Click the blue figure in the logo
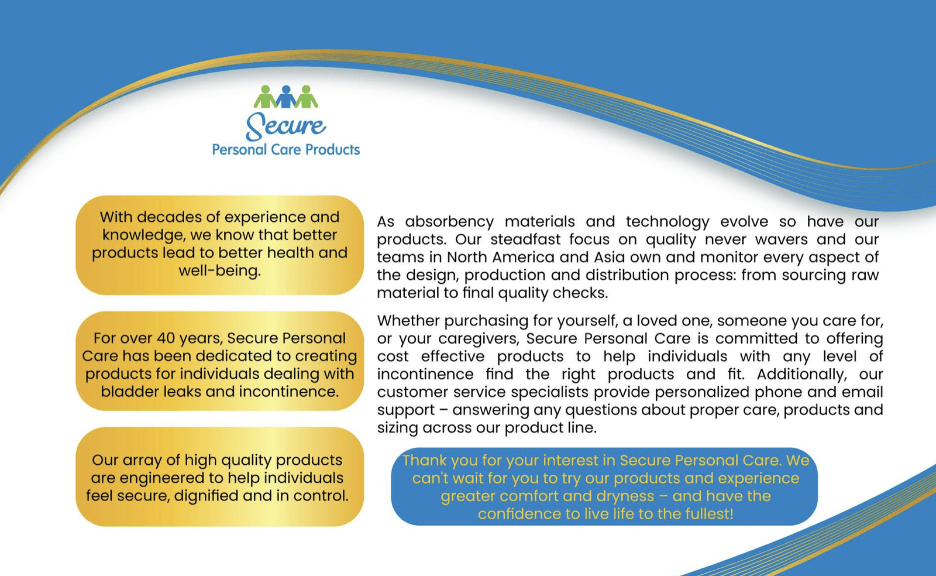point(286,97)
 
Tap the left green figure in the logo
point(266,97)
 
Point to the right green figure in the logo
point(307,97)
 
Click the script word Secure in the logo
point(286,126)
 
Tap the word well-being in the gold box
point(220,271)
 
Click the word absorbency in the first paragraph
point(450,222)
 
